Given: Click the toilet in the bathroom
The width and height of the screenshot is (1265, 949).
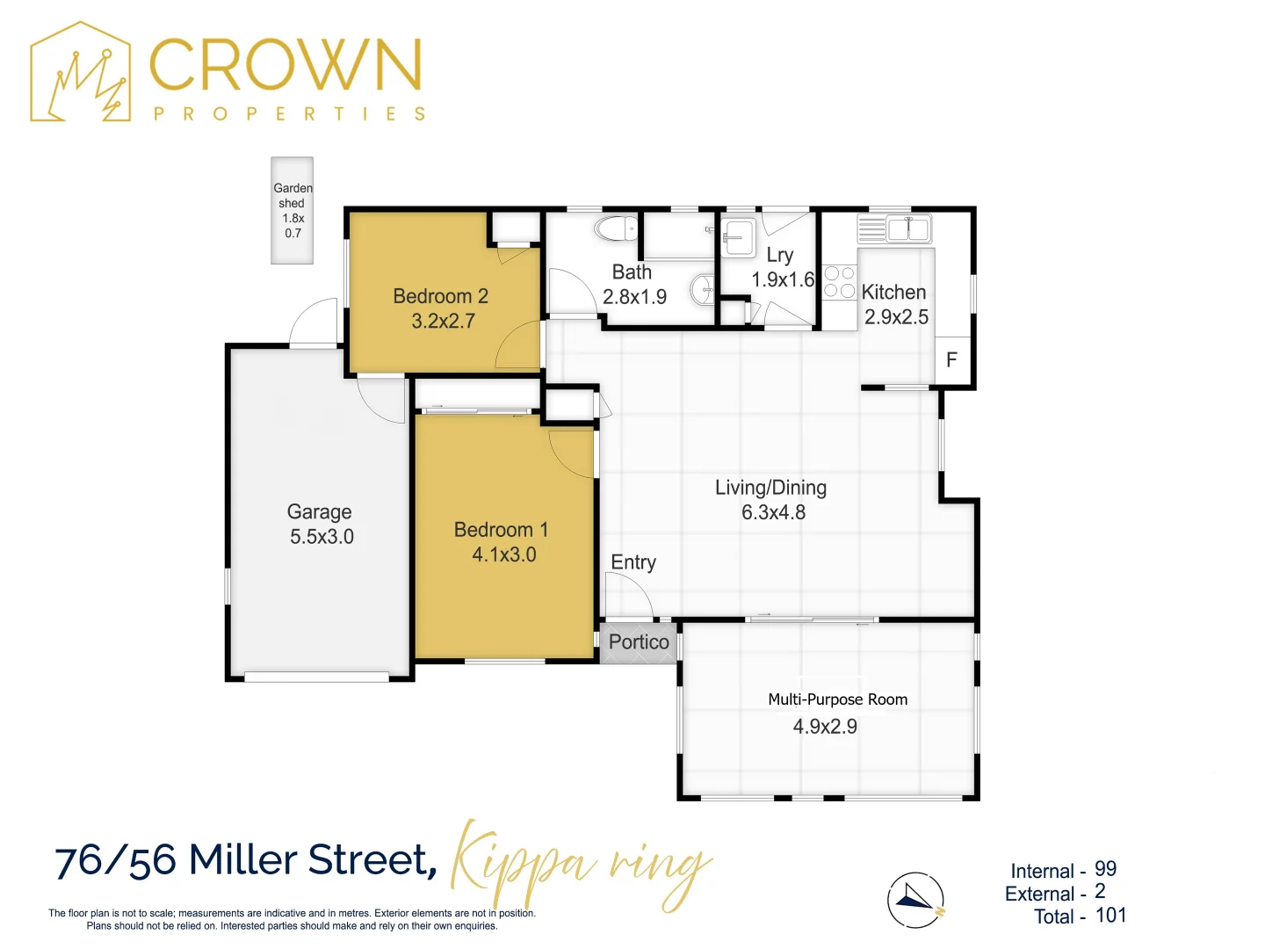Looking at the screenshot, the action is click(616, 228).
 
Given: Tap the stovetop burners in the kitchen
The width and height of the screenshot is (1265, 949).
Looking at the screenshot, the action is click(839, 282).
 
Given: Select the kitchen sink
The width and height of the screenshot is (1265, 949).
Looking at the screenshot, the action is click(908, 228).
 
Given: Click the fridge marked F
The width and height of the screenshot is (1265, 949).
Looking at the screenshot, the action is click(952, 359).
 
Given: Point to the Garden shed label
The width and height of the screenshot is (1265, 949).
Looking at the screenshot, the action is click(293, 195).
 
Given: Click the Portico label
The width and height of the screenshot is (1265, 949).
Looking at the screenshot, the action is click(639, 641).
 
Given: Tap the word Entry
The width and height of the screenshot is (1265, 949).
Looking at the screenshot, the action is click(633, 561).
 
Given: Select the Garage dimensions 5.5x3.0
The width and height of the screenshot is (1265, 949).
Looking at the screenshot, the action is click(322, 536).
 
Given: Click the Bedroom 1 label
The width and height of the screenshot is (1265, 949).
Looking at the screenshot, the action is click(501, 530).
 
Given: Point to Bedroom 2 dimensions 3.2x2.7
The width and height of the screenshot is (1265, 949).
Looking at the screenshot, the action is click(443, 321).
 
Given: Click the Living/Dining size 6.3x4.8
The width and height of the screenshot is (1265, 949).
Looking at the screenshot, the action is click(773, 512).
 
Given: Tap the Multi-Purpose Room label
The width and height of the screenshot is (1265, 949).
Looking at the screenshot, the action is click(838, 699).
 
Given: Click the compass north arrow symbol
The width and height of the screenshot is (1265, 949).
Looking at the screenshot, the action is click(915, 900).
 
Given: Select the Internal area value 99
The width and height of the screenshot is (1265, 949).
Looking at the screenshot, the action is click(1105, 869).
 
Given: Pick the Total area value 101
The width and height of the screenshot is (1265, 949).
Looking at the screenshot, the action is click(1110, 915).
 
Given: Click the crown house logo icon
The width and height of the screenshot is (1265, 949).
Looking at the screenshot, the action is click(80, 72).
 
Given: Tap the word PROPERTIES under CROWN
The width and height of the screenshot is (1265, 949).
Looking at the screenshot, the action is click(289, 113).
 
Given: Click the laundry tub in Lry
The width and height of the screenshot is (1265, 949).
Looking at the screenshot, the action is click(738, 237).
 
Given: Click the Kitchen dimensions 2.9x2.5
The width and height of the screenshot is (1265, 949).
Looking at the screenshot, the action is click(896, 317).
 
